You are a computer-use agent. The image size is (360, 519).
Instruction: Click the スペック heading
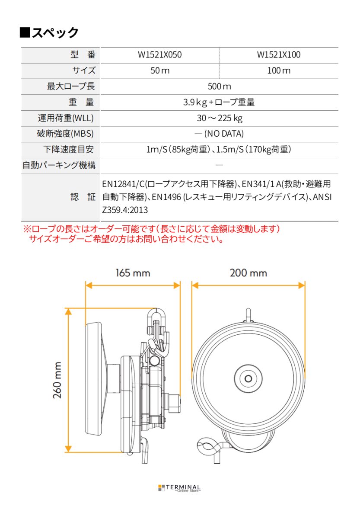(x=49, y=32)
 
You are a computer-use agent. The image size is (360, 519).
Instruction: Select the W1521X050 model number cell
(x=159, y=55)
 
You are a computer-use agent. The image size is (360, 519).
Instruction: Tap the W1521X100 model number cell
(x=279, y=55)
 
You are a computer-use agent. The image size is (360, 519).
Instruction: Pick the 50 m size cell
(x=159, y=70)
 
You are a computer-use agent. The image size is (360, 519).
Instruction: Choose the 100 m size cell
(x=279, y=70)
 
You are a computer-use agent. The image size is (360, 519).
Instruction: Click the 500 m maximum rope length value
(x=219, y=86)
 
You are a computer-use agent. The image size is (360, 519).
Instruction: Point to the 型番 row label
(x=82, y=55)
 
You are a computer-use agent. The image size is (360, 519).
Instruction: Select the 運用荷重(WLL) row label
(x=66, y=118)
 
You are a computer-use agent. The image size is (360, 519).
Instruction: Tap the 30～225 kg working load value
(x=219, y=118)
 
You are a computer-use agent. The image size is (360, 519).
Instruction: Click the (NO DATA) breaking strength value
(x=219, y=134)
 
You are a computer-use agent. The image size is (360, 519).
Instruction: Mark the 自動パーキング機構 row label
(x=59, y=165)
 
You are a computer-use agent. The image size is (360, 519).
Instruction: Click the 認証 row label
(x=83, y=197)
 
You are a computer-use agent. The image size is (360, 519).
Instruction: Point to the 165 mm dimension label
(x=133, y=273)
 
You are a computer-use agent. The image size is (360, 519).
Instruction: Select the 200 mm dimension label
(x=248, y=273)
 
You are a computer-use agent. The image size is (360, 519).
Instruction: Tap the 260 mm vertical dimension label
(x=57, y=380)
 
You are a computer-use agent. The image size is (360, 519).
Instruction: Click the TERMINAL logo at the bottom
(x=179, y=488)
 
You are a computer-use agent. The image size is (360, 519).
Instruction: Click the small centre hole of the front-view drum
(x=248, y=378)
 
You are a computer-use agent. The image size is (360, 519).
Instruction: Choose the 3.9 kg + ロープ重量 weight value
(x=219, y=103)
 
